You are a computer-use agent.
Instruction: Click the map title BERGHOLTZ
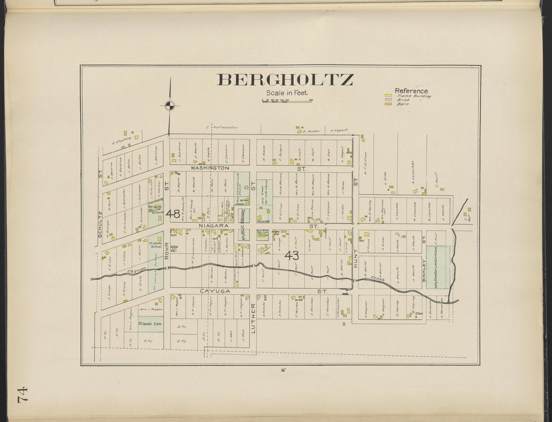(285, 80)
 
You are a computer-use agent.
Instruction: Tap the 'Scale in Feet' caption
(287, 93)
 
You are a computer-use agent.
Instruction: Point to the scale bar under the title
(287, 101)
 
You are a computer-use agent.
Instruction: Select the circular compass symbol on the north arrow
(170, 105)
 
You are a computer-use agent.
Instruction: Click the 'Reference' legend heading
(411, 91)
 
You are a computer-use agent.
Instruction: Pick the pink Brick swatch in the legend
(388, 100)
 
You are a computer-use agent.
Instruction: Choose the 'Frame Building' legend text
(413, 95)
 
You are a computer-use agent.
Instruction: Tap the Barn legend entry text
(402, 104)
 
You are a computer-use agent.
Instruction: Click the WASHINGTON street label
(210, 168)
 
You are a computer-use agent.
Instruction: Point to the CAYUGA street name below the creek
(215, 291)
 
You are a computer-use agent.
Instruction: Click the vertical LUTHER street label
(253, 318)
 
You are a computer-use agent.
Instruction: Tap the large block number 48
(173, 214)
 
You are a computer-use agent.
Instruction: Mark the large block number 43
(292, 255)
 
